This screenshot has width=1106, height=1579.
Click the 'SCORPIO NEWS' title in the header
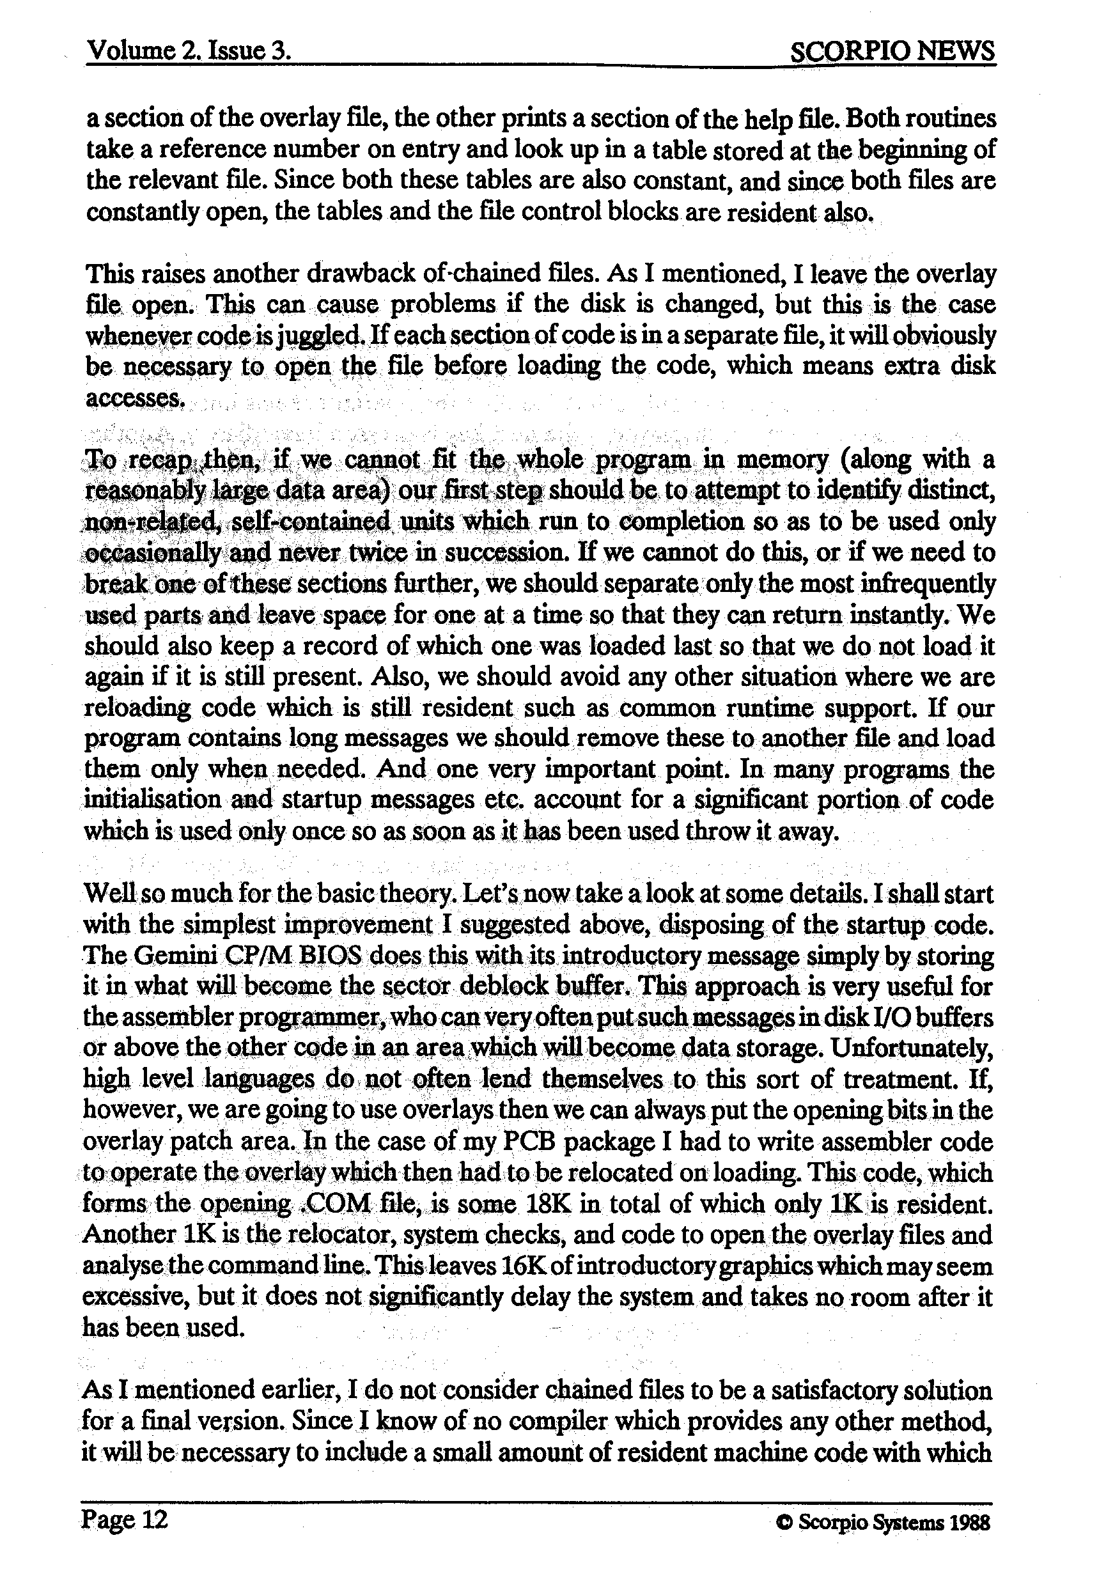pyautogui.click(x=892, y=51)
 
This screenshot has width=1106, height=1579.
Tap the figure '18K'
pyautogui.click(x=545, y=1204)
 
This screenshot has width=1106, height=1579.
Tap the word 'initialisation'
pyautogui.click(x=152, y=800)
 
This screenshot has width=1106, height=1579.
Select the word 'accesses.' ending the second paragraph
pyautogui.click(x=135, y=398)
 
